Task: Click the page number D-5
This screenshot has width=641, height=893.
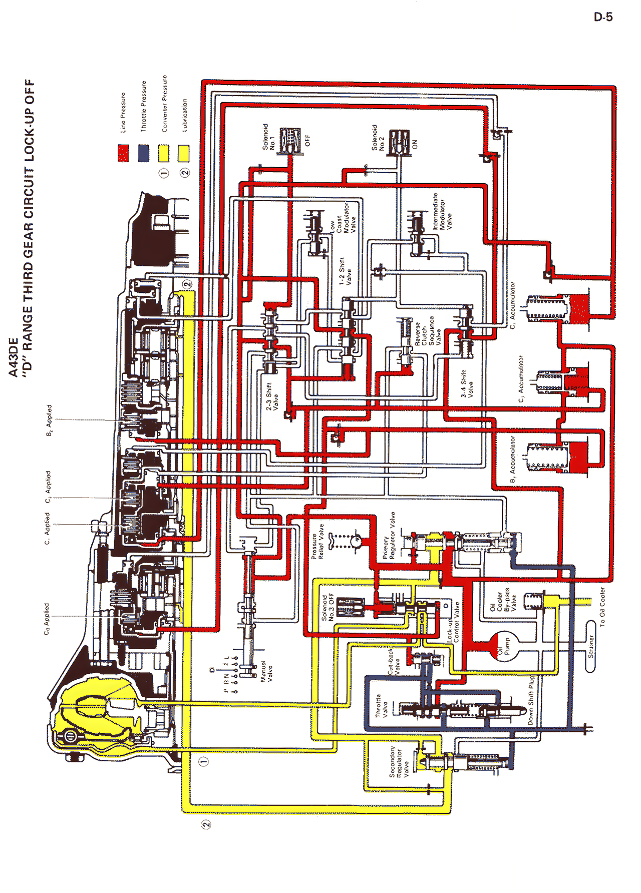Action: tap(603, 17)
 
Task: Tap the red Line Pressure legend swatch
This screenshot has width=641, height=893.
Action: tap(123, 153)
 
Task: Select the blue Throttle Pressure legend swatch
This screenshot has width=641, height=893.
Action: tap(144, 153)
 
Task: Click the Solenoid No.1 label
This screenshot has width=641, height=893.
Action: tap(269, 137)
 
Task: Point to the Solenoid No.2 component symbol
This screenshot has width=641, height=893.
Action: tap(399, 141)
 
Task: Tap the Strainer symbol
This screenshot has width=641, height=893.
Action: tap(591, 646)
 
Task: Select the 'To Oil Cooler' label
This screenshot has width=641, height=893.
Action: tap(602, 607)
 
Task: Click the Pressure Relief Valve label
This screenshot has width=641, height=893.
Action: tap(317, 541)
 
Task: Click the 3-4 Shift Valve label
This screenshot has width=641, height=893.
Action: tap(467, 384)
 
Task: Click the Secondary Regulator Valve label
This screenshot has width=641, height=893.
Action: tap(399, 762)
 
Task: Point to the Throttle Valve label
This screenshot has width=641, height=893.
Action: tap(382, 706)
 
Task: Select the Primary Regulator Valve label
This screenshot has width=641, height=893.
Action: tap(389, 536)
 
